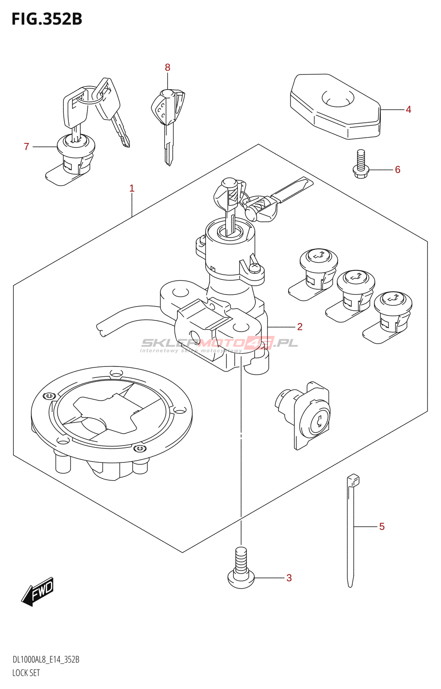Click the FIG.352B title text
tap(47, 19)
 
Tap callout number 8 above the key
tap(168, 68)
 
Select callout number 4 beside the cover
tap(408, 110)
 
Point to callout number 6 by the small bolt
tap(398, 170)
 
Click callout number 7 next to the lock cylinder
tap(26, 147)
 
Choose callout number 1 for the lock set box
tap(132, 188)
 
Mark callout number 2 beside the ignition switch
tap(300, 327)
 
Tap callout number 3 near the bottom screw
tap(289, 578)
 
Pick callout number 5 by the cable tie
tap(382, 527)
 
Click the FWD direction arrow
tap(38, 591)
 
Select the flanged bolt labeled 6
tap(361, 165)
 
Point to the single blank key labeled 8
tap(168, 121)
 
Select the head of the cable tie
tap(353, 480)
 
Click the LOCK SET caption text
tap(26, 673)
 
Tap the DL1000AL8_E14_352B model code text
tap(46, 660)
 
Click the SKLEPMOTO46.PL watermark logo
tap(220, 343)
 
